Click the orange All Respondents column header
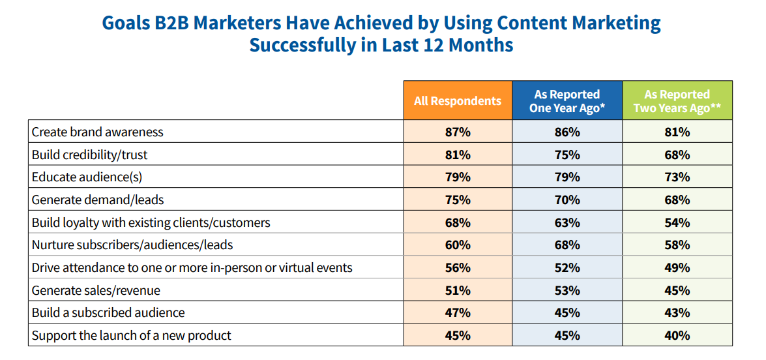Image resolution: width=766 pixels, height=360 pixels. pyautogui.click(x=458, y=100)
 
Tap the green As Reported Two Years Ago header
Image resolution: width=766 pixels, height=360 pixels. pyautogui.click(x=677, y=101)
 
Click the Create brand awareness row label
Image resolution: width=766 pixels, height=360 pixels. pyautogui.click(x=98, y=132)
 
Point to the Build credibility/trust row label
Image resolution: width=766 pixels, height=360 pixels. pyautogui.click(x=89, y=155)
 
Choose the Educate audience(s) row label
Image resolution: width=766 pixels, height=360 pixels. pyautogui.click(x=87, y=177)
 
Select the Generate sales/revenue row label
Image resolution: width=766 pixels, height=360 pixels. pyautogui.click(x=96, y=290)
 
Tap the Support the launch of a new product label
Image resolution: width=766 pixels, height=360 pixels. pyautogui.click(x=132, y=336)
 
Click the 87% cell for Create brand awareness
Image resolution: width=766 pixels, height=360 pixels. pyautogui.click(x=457, y=132)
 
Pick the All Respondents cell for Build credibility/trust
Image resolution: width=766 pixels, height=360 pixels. pyautogui.click(x=457, y=155)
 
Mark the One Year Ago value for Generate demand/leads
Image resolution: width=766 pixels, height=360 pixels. pyautogui.click(x=567, y=200)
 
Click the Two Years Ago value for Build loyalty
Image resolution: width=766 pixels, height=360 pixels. pyautogui.click(x=677, y=222)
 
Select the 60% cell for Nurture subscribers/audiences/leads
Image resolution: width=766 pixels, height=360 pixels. pyautogui.click(x=457, y=245)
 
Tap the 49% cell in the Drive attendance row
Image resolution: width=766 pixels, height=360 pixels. pyautogui.click(x=677, y=268)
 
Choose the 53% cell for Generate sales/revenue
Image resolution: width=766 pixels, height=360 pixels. pyautogui.click(x=567, y=290)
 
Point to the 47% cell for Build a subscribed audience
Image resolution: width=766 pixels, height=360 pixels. pyautogui.click(x=457, y=313)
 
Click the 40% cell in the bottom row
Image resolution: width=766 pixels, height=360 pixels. pyautogui.click(x=677, y=336)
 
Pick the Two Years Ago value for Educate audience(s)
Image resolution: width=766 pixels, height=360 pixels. pyautogui.click(x=677, y=177)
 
